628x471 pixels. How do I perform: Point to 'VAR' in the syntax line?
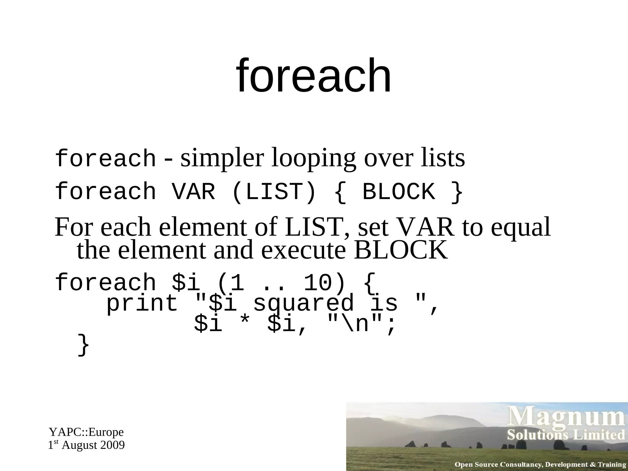[193, 192]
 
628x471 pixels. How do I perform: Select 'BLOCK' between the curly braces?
[399, 192]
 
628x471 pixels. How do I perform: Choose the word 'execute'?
[303, 250]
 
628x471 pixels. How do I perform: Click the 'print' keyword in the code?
[142, 304]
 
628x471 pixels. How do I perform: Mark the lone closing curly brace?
[83, 345]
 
